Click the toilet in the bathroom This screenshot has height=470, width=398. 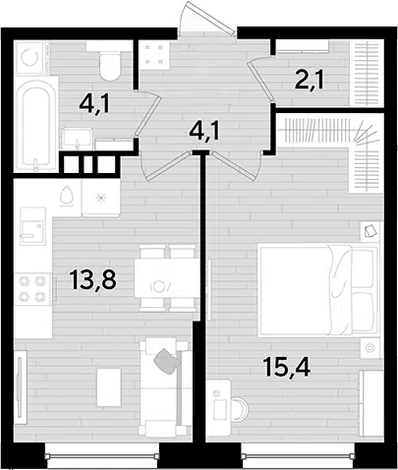110,67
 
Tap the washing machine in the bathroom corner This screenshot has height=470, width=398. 29,57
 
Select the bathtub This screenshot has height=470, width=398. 35,124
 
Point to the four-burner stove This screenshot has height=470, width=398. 32,289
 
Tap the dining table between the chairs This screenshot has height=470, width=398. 166,278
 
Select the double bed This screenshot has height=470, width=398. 317,290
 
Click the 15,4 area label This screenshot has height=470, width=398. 286,367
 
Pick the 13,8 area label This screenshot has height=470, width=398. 93,279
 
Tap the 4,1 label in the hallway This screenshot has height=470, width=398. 203,132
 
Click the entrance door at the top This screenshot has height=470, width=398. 207,18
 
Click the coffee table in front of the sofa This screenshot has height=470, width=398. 109,388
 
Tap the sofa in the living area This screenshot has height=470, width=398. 164,387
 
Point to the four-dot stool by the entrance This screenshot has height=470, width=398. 153,54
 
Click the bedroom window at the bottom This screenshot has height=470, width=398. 298,455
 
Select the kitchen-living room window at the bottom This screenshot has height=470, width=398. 102,455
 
